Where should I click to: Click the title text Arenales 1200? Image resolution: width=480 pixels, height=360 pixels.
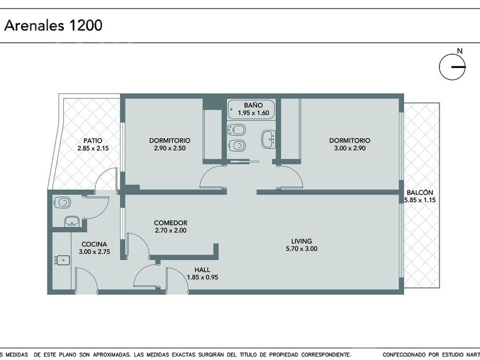pos(53,25)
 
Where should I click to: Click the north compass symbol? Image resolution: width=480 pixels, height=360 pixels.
pos(453,67)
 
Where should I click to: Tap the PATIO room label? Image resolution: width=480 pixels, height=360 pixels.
pos(93,141)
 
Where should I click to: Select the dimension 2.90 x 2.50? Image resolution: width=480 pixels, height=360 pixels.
pos(170,148)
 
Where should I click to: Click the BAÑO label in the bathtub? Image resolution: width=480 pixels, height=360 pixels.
pos(253,105)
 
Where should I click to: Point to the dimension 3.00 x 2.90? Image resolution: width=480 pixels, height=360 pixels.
pos(350,148)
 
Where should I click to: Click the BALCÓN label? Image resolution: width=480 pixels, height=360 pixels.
pos(419,193)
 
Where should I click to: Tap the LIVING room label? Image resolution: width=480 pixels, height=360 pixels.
pos(302,241)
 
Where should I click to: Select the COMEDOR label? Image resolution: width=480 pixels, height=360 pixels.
pos(170,223)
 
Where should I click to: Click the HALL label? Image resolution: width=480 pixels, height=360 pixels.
pos(202,270)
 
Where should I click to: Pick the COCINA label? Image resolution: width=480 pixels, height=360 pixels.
pos(94,245)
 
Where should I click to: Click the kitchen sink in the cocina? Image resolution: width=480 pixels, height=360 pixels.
pos(62,260)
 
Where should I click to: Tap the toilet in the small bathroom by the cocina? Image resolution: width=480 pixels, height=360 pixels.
pos(62,202)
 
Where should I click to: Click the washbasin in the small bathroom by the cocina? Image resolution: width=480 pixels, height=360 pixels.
pos(71,221)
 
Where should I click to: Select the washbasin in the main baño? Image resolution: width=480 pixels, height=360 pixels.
pos(269,139)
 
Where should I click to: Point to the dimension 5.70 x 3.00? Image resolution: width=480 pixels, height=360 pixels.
pos(302,249)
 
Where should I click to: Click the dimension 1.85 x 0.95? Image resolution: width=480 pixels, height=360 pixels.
pos(202,278)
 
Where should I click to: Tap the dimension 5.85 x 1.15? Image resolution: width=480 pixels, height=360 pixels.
pos(420,200)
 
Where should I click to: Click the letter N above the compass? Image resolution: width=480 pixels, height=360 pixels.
pos(459,51)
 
